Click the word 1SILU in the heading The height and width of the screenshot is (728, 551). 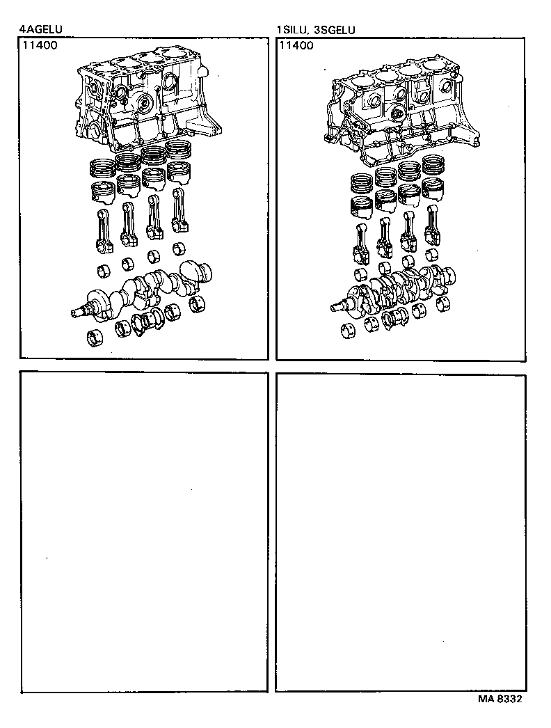(x=292, y=30)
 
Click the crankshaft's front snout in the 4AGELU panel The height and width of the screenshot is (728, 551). (x=80, y=312)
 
